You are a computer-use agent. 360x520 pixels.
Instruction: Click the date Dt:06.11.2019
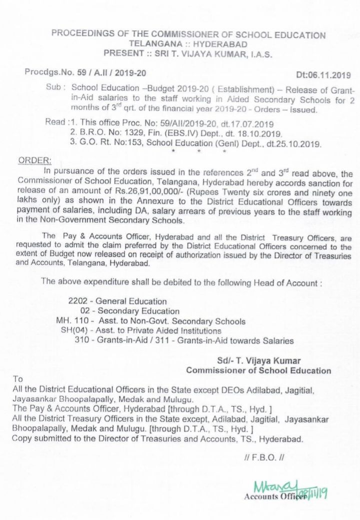[x=323, y=75]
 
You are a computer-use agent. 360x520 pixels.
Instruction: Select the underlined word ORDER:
[x=34, y=160]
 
